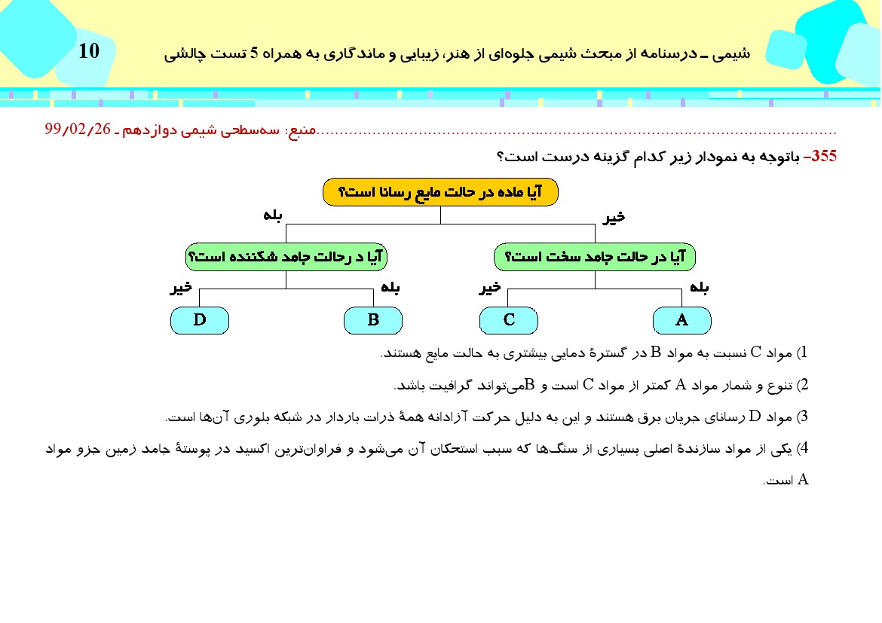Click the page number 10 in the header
coord(89,51)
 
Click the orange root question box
coord(440,192)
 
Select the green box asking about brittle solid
coord(286,257)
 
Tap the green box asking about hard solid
coord(594,257)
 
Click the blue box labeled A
coord(681,320)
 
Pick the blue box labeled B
coord(373,320)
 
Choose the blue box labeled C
coord(509,320)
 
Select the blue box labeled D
coord(200,320)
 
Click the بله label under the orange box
coord(273,216)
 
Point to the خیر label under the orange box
coord(615,217)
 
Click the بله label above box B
coord(390,287)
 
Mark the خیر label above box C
coord(491,287)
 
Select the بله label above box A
coord(699,287)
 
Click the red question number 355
coord(821,157)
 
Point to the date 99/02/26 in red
coord(78,130)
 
